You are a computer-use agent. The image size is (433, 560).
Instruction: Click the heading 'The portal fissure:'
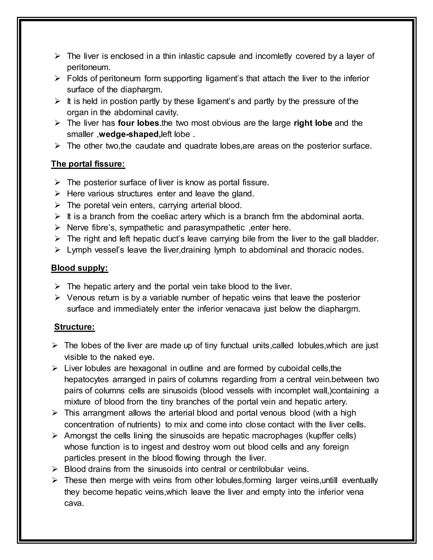(x=88, y=164)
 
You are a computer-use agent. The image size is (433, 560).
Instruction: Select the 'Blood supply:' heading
(x=79, y=268)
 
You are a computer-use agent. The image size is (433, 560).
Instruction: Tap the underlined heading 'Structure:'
(x=74, y=327)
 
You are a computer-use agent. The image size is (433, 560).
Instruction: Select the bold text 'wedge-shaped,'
(x=130, y=134)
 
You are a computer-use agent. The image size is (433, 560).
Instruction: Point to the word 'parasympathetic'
(x=213, y=227)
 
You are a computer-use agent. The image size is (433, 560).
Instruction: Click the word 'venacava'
(x=243, y=309)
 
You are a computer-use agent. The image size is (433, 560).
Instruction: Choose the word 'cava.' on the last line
(x=74, y=503)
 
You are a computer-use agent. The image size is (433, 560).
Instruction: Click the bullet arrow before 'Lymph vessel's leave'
(x=57, y=250)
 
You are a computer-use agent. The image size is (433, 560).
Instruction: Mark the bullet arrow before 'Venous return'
(x=57, y=298)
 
